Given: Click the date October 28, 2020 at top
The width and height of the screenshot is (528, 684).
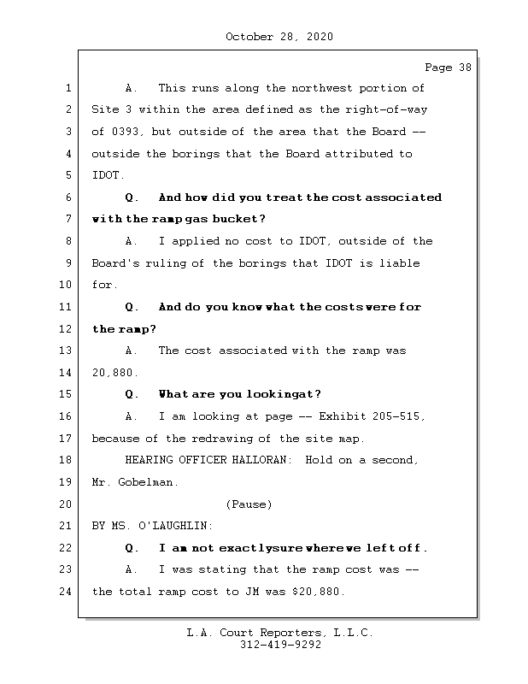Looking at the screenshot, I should click(x=279, y=37).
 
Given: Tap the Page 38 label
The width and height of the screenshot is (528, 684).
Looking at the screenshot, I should click(x=448, y=68).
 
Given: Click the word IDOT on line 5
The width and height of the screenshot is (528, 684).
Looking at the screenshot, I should click(x=106, y=175).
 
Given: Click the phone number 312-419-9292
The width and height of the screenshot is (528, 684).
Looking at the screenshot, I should click(x=279, y=646).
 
